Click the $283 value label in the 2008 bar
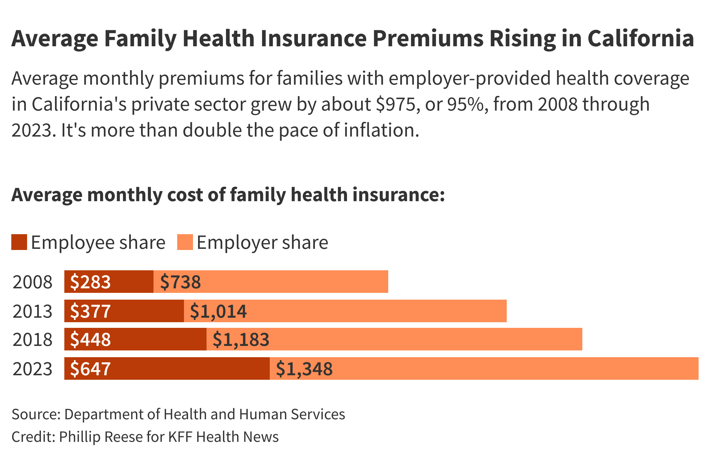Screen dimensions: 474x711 pos(90,282)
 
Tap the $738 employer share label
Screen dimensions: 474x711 pos(180,282)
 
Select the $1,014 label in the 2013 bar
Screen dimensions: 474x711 pos(218,311)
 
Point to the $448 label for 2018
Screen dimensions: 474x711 pos(90,339)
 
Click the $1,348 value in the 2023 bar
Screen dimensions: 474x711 pos(304,369)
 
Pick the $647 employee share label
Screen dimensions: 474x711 pos(90,369)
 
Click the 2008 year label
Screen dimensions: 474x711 pos(32,282)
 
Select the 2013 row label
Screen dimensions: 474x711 pos(32,311)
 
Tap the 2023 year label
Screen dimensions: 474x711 pos(32,369)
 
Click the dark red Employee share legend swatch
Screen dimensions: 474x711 pos(19,242)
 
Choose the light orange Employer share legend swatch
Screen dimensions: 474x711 pos(185,242)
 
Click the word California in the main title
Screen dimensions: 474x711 pos(640,39)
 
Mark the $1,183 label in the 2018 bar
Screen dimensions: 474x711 pos(241,339)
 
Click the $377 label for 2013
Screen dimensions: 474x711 pos(90,311)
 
